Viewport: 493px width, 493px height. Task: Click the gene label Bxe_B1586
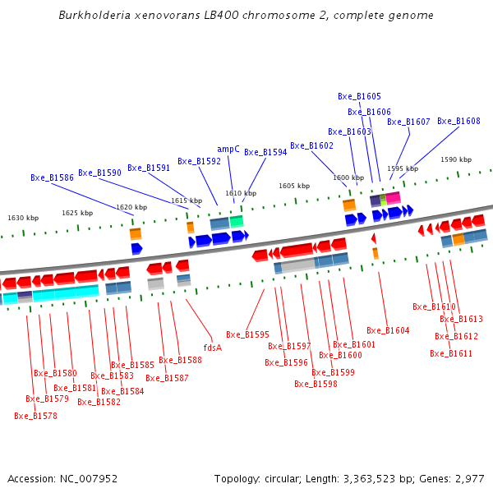(52, 177)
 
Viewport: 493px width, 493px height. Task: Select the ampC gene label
(228, 150)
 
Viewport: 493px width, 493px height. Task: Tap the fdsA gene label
(212, 348)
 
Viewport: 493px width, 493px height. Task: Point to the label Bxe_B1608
(458, 122)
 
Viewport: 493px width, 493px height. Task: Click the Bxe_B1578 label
(35, 417)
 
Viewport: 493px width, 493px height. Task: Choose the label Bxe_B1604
(388, 330)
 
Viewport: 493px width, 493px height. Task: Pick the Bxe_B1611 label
(451, 354)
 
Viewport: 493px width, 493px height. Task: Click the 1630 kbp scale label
(23, 219)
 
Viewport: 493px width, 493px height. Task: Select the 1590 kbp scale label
(456, 160)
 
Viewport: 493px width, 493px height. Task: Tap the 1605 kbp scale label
(294, 187)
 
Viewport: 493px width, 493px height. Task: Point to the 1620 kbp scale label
(131, 208)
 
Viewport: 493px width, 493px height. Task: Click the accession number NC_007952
(90, 478)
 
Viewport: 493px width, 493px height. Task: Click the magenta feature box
(394, 198)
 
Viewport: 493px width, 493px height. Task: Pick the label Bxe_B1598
(316, 384)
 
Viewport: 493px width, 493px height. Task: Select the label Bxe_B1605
(359, 97)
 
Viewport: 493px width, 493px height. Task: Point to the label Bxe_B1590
(99, 173)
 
